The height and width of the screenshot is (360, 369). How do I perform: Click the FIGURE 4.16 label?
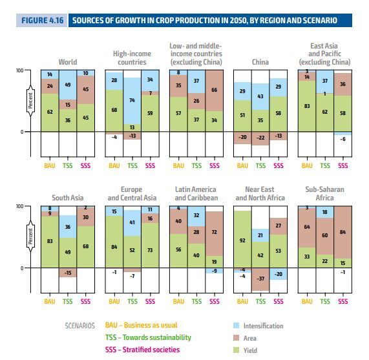pyautogui.click(x=43, y=21)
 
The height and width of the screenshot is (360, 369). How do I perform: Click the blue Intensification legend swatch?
pyautogui.click(x=236, y=326)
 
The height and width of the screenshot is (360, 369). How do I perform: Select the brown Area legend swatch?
pyautogui.click(x=236, y=338)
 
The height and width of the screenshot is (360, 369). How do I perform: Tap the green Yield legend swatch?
pyautogui.click(x=236, y=350)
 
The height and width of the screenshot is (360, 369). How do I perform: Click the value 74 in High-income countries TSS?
pyautogui.click(x=132, y=100)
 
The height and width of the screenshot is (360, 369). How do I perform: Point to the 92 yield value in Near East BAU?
pyautogui.click(x=242, y=240)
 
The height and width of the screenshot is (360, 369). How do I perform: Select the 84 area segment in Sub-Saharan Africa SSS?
pyautogui.click(x=343, y=232)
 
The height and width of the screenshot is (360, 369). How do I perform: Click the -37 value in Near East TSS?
pyautogui.click(x=260, y=279)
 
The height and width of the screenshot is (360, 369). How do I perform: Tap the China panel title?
pyautogui.click(x=260, y=62)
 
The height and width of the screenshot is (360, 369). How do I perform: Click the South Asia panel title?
pyautogui.click(x=68, y=198)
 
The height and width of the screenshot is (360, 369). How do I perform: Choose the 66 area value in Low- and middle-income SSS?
pyautogui.click(x=214, y=90)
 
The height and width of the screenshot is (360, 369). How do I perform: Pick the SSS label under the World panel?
pyautogui.click(x=85, y=165)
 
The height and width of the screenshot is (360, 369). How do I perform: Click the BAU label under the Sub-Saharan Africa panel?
pyautogui.click(x=307, y=301)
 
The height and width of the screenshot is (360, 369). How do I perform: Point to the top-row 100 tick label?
pyautogui.click(x=20, y=70)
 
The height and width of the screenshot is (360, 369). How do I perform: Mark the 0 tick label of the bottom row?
pyautogui.click(x=22, y=268)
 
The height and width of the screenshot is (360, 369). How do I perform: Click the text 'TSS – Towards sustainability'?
pyautogui.click(x=148, y=337)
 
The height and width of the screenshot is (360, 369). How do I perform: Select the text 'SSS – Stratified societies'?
pyautogui.click(x=142, y=350)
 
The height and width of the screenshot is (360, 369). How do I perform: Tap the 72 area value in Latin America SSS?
pyautogui.click(x=214, y=232)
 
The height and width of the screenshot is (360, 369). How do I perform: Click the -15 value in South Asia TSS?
pyautogui.click(x=68, y=273)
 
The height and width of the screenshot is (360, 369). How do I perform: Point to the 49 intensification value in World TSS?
pyautogui.click(x=68, y=85)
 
